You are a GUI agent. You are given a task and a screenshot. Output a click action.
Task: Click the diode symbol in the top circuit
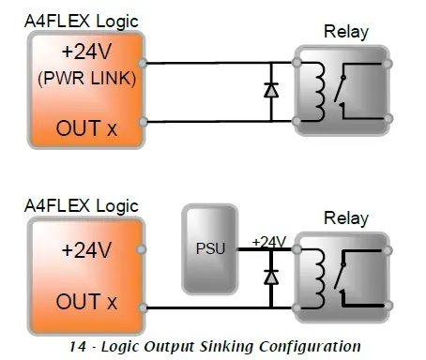click(x=270, y=91)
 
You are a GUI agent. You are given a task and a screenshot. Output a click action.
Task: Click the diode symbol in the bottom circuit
click(x=270, y=277)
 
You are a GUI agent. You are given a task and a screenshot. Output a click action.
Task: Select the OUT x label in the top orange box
click(x=85, y=126)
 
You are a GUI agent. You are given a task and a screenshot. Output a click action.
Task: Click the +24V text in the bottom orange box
click(x=85, y=251)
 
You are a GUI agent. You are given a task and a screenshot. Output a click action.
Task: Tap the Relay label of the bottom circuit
click(x=345, y=219)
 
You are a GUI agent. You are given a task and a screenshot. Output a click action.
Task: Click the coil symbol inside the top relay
click(x=329, y=91)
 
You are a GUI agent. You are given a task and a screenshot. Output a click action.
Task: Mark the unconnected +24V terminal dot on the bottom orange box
click(x=143, y=249)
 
